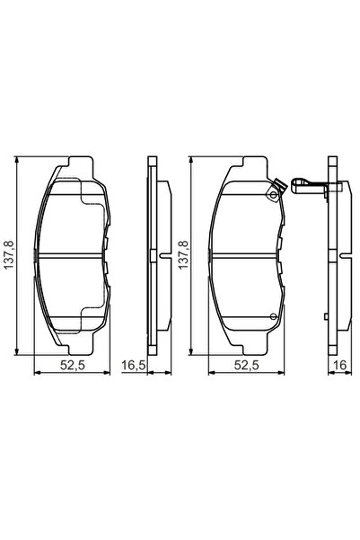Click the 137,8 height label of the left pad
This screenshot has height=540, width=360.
[x=10, y=257]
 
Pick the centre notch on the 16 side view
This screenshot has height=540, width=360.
[x=339, y=259]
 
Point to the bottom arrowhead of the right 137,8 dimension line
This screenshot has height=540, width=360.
[x=195, y=354]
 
